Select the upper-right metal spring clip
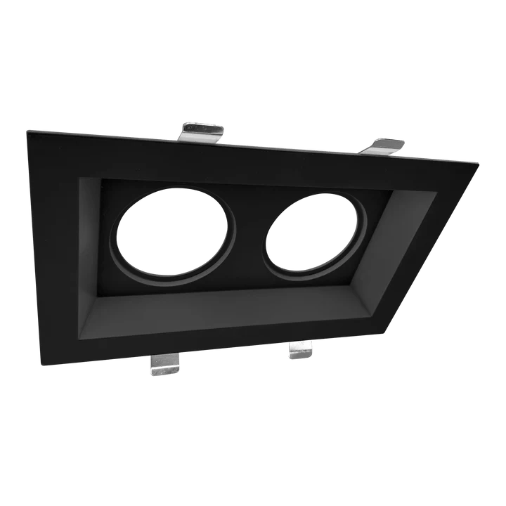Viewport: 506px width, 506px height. click(384, 145)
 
